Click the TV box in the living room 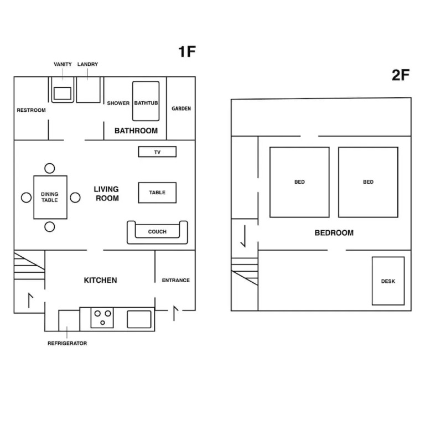click(x=157, y=152)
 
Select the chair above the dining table click(x=50, y=168)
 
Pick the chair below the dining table click(x=50, y=227)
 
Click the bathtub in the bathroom click(x=146, y=101)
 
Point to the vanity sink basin click(x=63, y=94)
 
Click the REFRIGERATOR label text click(x=67, y=343)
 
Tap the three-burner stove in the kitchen click(x=102, y=318)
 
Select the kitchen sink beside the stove click(x=139, y=319)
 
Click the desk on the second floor click(x=388, y=281)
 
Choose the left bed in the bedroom click(x=299, y=182)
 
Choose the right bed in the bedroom click(x=369, y=182)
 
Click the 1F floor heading click(x=187, y=51)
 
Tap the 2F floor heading click(x=401, y=75)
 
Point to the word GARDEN click(x=181, y=108)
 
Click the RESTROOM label click(x=31, y=110)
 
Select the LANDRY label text click(x=87, y=64)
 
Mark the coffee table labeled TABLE click(x=157, y=193)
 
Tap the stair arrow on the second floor click(x=245, y=236)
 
